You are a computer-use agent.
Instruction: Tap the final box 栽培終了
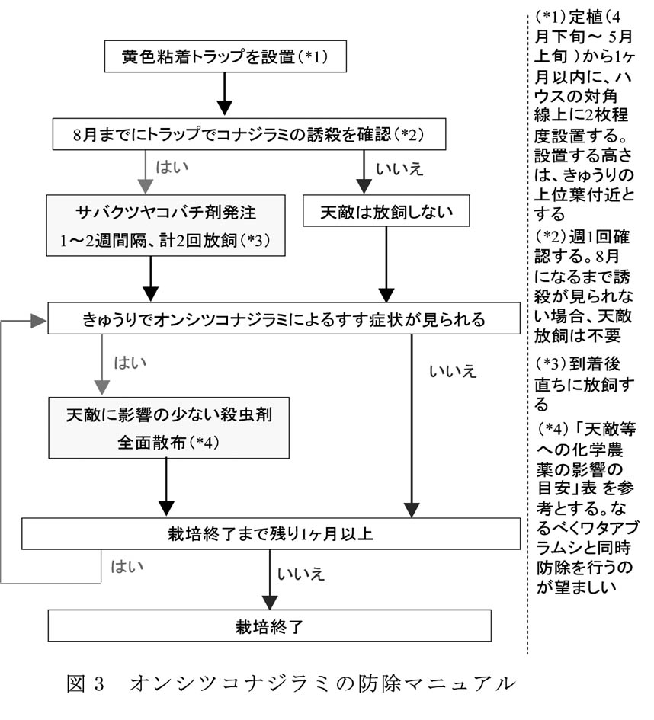coord(271,626)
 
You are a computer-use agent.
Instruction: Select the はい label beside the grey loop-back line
coord(127,567)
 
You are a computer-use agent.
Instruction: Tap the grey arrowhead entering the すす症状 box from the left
coord(38,322)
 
